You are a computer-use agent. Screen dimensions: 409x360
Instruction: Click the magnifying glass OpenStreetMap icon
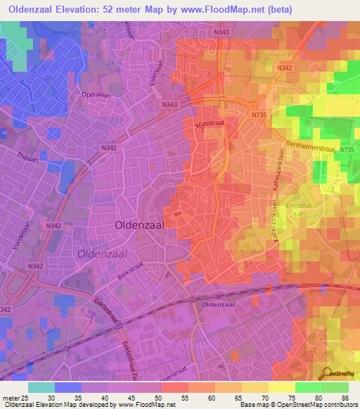(x=326, y=375)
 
